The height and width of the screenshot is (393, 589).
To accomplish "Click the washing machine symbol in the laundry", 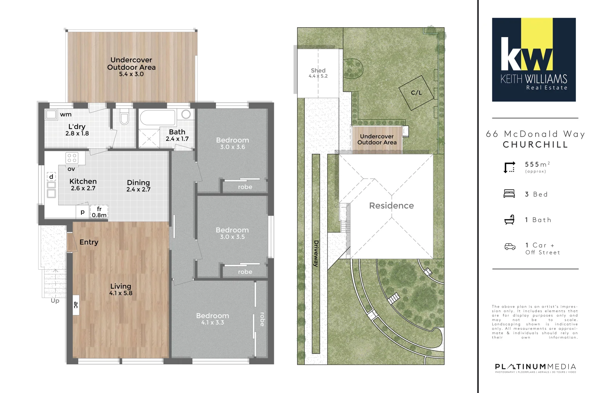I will pos(51,114).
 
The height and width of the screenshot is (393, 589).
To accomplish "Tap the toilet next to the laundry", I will pos(124,117).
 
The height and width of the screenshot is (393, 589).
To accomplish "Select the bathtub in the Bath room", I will pos(157,118).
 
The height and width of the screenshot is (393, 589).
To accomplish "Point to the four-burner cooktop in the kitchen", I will pos(72,158).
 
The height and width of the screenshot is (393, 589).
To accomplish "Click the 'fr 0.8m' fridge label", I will pos(99,212).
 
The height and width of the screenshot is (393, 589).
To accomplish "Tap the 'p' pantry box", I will pos(83,212).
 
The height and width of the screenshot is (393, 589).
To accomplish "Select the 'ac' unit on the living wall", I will pos(76,305).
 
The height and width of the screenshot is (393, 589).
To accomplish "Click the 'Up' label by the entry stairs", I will pos(55,301).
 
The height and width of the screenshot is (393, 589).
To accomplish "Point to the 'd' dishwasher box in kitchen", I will pos(51,176).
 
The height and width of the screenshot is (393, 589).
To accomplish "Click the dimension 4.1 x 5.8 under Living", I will pos(121,293).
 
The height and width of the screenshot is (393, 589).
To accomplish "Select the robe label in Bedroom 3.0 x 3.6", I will pos(245,187).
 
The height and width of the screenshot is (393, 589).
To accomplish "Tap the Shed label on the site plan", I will pos(318,70).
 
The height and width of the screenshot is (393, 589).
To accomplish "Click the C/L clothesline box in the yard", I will pos(416,92).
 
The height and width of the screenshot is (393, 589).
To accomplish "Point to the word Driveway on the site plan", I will pos(316,254).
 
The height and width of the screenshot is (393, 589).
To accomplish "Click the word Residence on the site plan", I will pos(391,206).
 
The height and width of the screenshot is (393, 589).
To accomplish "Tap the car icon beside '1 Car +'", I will pos(510,247).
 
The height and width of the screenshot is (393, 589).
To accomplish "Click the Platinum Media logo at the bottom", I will pos(535,367).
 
